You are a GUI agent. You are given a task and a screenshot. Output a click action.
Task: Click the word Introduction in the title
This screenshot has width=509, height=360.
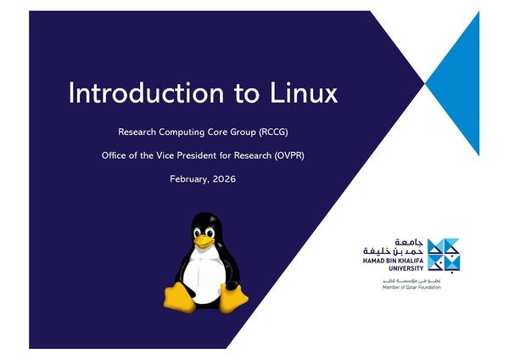pos(126,93)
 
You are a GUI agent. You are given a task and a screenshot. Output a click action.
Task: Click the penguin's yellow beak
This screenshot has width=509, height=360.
pos(203,240)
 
